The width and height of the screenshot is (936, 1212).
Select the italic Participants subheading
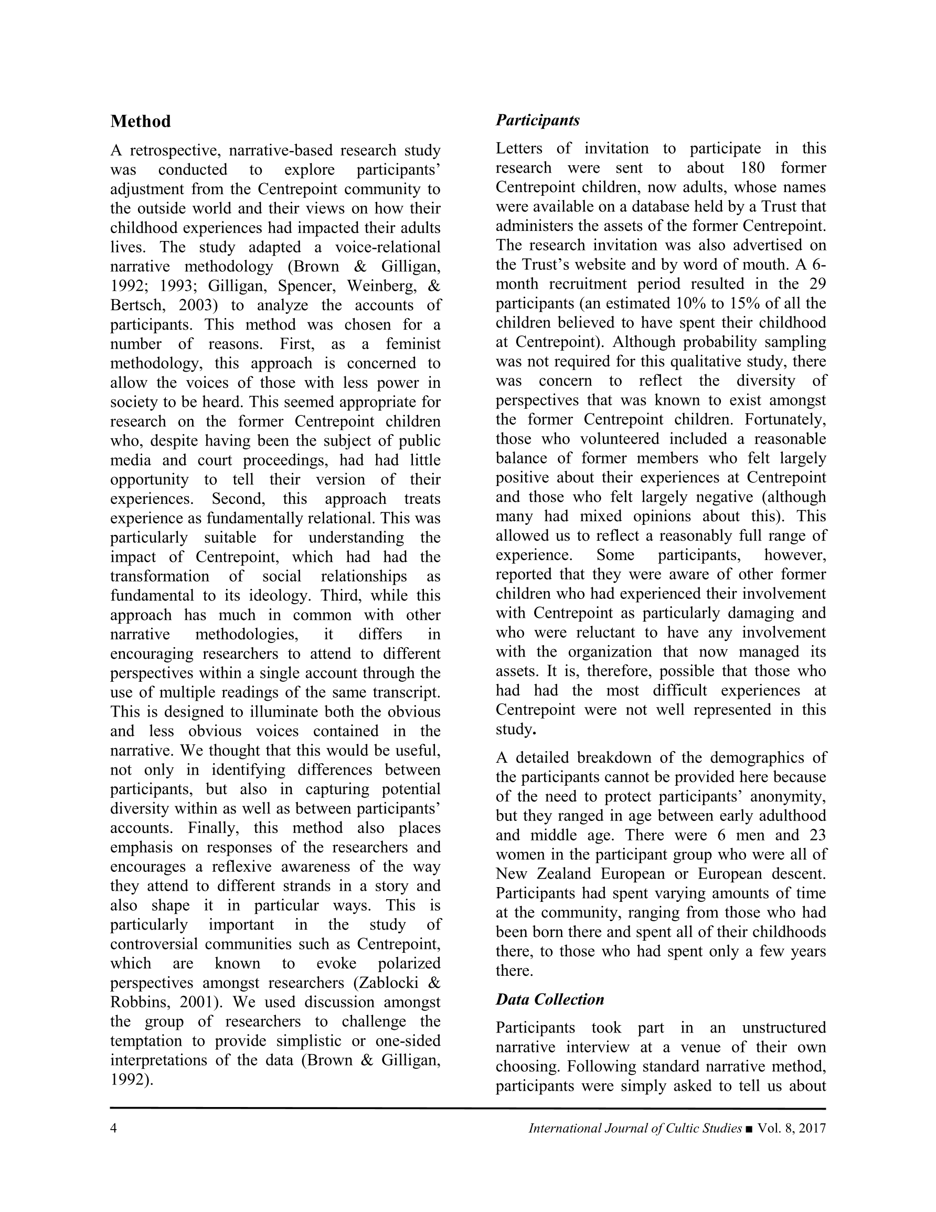click(x=537, y=120)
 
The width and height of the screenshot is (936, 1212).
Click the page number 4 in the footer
click(x=114, y=1128)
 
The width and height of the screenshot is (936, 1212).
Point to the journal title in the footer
click(x=635, y=1128)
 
